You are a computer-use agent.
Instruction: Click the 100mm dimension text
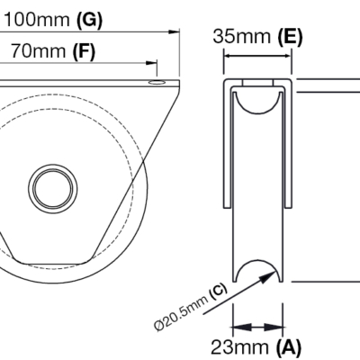click(x=37, y=20)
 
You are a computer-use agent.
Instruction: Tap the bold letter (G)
click(x=89, y=21)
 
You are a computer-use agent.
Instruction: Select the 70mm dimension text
click(x=39, y=51)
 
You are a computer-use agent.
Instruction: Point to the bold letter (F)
click(x=85, y=51)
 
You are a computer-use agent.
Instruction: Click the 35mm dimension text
click(x=242, y=37)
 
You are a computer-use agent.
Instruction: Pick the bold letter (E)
click(x=290, y=37)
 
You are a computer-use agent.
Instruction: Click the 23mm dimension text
click(x=239, y=347)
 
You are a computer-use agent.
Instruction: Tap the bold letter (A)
click(x=288, y=347)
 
